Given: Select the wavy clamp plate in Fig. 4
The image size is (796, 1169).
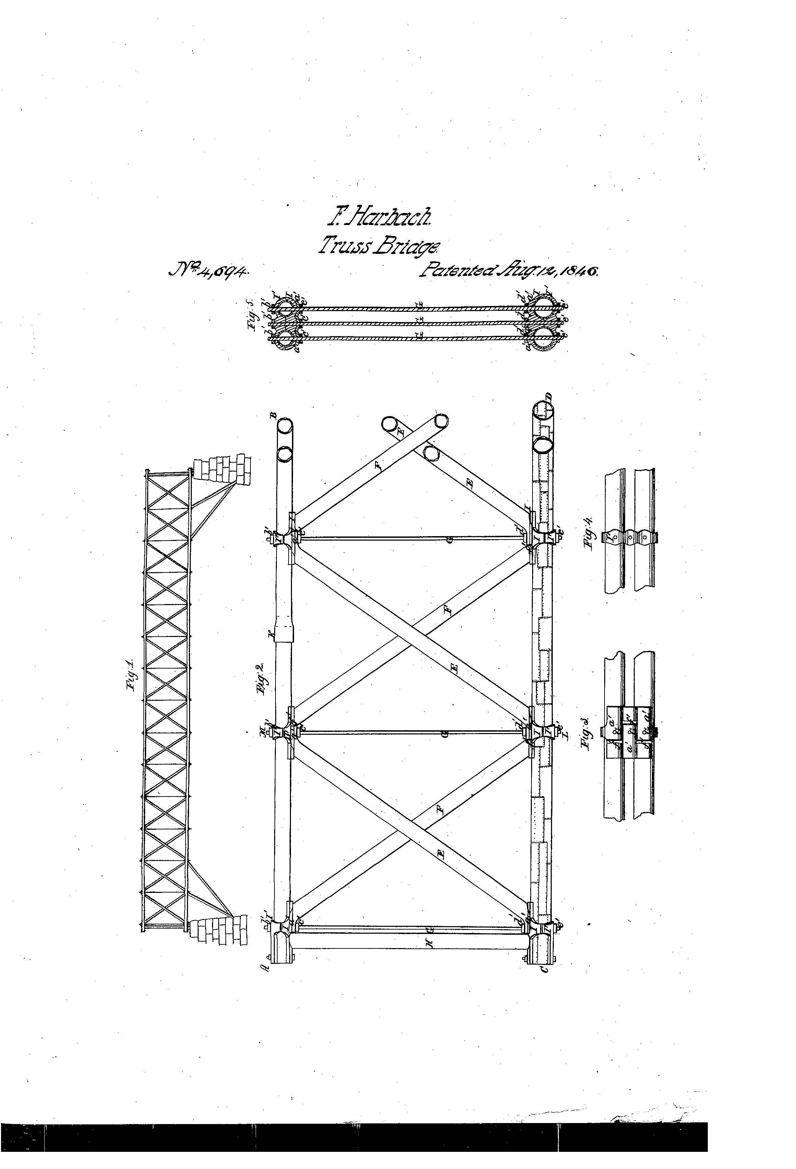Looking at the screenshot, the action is [629, 538].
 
